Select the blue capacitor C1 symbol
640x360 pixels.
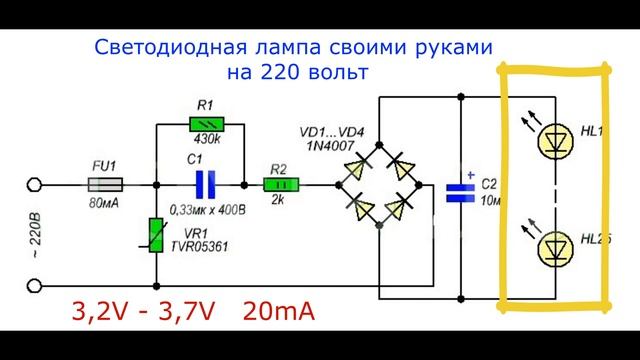pyautogui.click(x=204, y=184)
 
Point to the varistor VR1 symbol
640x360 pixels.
pyautogui.click(x=155, y=237)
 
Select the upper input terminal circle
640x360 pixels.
pyautogui.click(x=35, y=184)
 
